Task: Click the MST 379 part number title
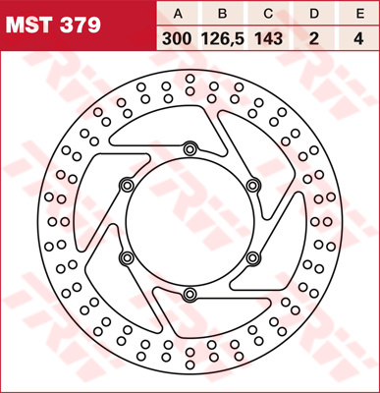[53, 26]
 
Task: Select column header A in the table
[178, 14]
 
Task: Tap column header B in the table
[223, 14]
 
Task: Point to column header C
[268, 14]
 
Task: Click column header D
[314, 14]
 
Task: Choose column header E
[359, 14]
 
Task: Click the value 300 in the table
[177, 39]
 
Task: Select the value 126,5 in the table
[223, 39]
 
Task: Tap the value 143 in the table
[268, 39]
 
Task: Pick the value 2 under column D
[314, 39]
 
